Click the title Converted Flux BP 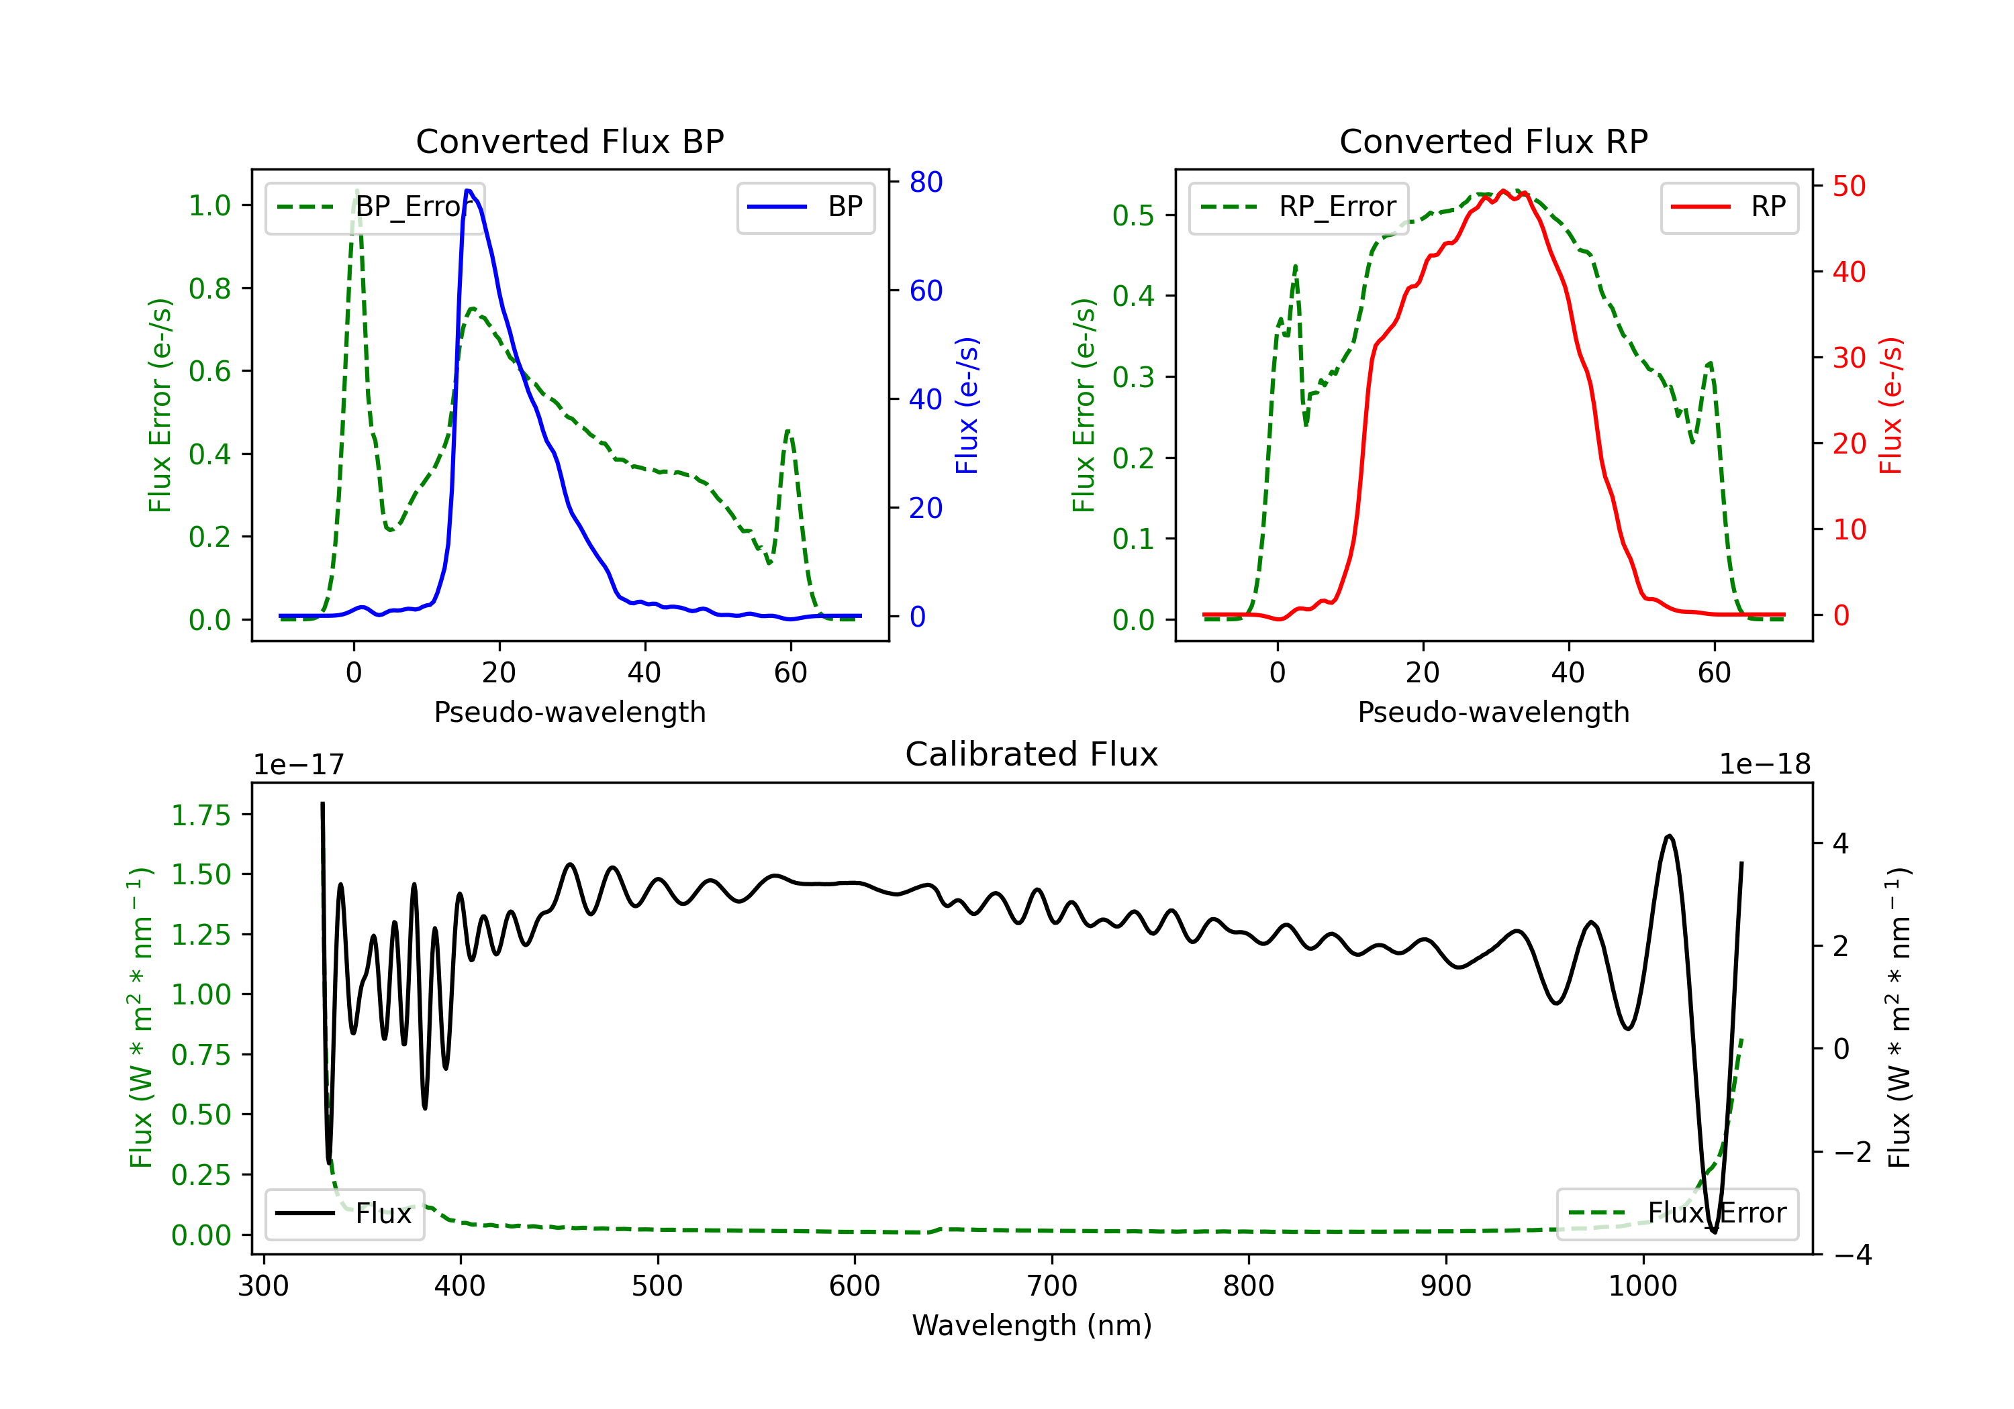pos(569,141)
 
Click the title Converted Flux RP pos(1493,141)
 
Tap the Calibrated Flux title pos(1032,754)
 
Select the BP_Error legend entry pos(375,207)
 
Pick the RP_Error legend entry pos(1298,207)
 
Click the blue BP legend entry pos(805,207)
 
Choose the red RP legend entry pos(1729,207)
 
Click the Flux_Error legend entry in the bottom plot pos(1677,1214)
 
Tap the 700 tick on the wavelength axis pos(1051,1286)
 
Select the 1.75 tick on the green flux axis pos(201,815)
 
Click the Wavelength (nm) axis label pos(1032,1325)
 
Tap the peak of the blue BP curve pos(469,191)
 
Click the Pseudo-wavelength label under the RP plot pos(1493,712)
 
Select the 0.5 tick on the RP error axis pos(1133,215)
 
